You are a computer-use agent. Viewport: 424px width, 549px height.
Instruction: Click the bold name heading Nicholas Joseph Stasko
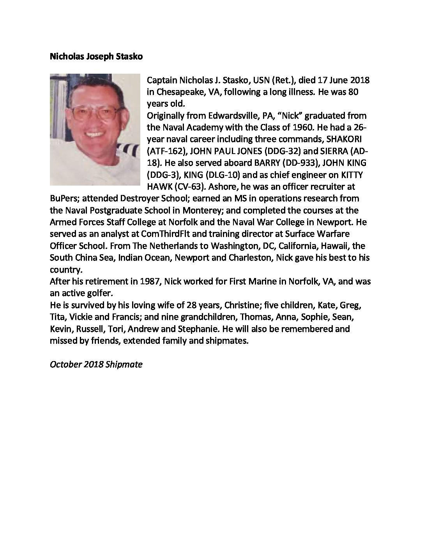tap(96, 57)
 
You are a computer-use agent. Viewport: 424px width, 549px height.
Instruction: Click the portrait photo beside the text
tap(95, 129)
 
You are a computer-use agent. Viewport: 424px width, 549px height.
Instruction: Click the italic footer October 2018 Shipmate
tap(96, 365)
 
